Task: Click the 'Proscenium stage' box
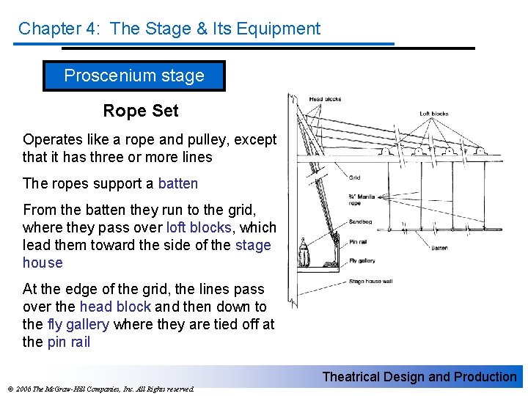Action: tap(134, 76)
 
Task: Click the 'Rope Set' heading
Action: tap(140, 111)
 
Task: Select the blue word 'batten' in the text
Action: tap(177, 183)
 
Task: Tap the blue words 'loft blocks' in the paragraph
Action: tap(198, 227)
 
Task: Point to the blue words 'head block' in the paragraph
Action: tap(115, 307)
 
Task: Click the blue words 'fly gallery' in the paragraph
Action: tap(78, 324)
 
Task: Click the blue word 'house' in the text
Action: tap(43, 263)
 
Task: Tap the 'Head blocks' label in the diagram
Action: tap(325, 99)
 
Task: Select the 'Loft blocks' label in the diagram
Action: tap(433, 114)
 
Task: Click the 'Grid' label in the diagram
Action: tap(354, 177)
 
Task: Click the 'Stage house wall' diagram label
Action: tap(370, 282)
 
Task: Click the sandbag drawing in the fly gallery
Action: tap(304, 253)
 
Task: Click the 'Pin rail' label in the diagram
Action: tap(358, 241)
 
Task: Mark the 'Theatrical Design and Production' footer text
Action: tap(419, 377)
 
